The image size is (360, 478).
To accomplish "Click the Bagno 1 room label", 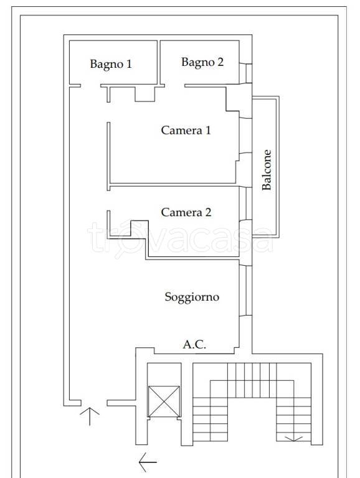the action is pyautogui.click(x=111, y=64).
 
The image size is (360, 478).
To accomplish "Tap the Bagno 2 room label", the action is pyautogui.click(x=202, y=62).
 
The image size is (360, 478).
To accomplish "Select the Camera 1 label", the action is pyautogui.click(x=186, y=130).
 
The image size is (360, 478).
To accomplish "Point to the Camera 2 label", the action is pyautogui.click(x=186, y=212).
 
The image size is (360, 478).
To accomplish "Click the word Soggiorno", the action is pyautogui.click(x=192, y=297).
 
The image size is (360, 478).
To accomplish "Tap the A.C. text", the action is pyautogui.click(x=194, y=344).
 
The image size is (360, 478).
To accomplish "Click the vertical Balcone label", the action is pyautogui.click(x=267, y=170).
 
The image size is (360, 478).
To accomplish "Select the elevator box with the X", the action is pyautogui.click(x=164, y=401).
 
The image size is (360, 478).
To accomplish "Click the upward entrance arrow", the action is pyautogui.click(x=90, y=416).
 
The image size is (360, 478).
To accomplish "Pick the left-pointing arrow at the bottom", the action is pyautogui.click(x=148, y=462).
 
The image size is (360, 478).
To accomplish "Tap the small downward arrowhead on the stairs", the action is pyautogui.click(x=293, y=439).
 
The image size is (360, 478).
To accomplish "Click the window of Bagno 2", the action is pyautogui.click(x=246, y=73).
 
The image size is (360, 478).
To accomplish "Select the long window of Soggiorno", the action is pyautogui.click(x=245, y=291).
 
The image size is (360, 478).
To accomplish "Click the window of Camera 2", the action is pyautogui.click(x=245, y=204).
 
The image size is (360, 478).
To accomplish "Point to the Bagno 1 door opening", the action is pyautogui.click(x=90, y=86).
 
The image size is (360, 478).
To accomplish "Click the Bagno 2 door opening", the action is pyautogui.click(x=174, y=86).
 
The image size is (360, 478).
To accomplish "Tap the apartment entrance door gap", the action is pyautogui.click(x=94, y=403).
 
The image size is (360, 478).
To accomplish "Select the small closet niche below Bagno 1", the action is pyautogui.click(x=145, y=94).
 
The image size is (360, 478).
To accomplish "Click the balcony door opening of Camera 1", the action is pyautogui.click(x=245, y=135).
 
